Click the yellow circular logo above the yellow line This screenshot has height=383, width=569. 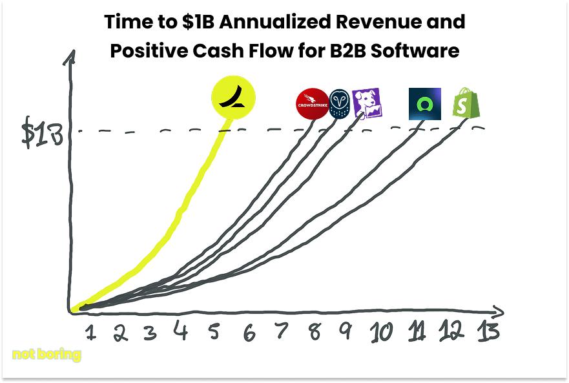point(233,98)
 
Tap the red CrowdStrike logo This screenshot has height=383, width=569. point(313,103)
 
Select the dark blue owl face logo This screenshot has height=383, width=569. point(340,103)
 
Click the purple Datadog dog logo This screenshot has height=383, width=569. point(367,103)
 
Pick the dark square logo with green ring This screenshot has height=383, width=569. point(424,104)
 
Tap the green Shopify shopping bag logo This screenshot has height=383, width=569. point(466,103)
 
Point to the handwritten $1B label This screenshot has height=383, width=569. point(42,132)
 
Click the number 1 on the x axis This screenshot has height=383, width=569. point(90,333)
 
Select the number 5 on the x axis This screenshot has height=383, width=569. point(214,331)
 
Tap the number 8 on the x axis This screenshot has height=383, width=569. point(315,331)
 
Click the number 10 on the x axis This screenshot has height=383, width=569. point(381,332)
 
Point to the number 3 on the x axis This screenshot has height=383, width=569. point(150,333)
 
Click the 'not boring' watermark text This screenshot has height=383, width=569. point(47,355)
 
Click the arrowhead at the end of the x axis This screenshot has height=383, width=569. point(499,311)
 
